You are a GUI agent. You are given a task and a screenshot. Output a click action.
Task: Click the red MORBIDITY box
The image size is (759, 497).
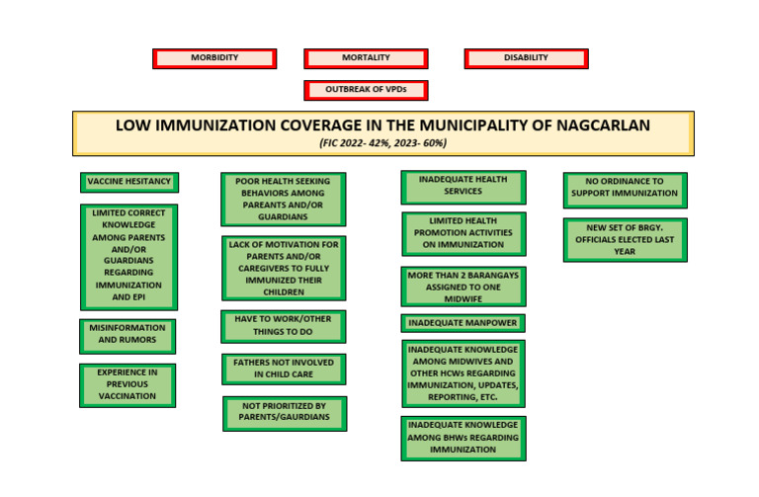point(214,58)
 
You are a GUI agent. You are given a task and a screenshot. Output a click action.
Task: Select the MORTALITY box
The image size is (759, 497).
point(366,58)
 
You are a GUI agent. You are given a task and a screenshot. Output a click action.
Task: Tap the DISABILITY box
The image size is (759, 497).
point(526,58)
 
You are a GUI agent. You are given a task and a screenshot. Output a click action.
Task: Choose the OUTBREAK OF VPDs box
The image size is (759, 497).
point(366,90)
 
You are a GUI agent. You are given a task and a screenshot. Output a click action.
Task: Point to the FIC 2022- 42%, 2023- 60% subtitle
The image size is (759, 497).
point(382,143)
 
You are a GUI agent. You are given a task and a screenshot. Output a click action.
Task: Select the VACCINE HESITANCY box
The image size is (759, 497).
point(129,182)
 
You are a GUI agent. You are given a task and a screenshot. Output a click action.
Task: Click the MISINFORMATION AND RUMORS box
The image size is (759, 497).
point(127,336)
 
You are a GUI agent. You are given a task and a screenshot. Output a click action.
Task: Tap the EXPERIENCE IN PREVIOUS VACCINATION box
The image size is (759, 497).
point(127,384)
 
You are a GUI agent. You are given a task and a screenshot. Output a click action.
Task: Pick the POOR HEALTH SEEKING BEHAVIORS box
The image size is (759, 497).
point(283,199)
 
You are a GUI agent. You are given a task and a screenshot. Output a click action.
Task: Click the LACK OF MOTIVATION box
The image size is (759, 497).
point(283,268)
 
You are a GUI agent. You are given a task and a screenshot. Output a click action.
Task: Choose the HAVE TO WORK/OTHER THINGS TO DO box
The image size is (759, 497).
point(283,326)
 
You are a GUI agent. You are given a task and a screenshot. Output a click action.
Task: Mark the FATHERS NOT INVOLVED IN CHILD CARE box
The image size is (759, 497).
point(283,369)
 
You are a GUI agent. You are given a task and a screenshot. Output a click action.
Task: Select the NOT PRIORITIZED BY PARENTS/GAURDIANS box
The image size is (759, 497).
point(285,412)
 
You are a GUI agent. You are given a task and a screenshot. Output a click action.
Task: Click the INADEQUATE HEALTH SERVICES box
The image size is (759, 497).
point(464,186)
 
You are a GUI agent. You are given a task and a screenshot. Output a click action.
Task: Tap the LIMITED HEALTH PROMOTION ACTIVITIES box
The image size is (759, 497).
point(464,233)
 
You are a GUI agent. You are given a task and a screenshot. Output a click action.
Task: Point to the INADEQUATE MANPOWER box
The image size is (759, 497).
point(464,323)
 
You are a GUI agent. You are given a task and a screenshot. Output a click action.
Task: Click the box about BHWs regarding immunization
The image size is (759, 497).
point(464,437)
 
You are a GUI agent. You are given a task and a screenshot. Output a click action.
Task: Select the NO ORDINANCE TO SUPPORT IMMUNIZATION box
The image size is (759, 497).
point(625,188)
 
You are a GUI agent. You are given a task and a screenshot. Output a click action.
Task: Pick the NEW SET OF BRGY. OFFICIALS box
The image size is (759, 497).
point(625,239)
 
